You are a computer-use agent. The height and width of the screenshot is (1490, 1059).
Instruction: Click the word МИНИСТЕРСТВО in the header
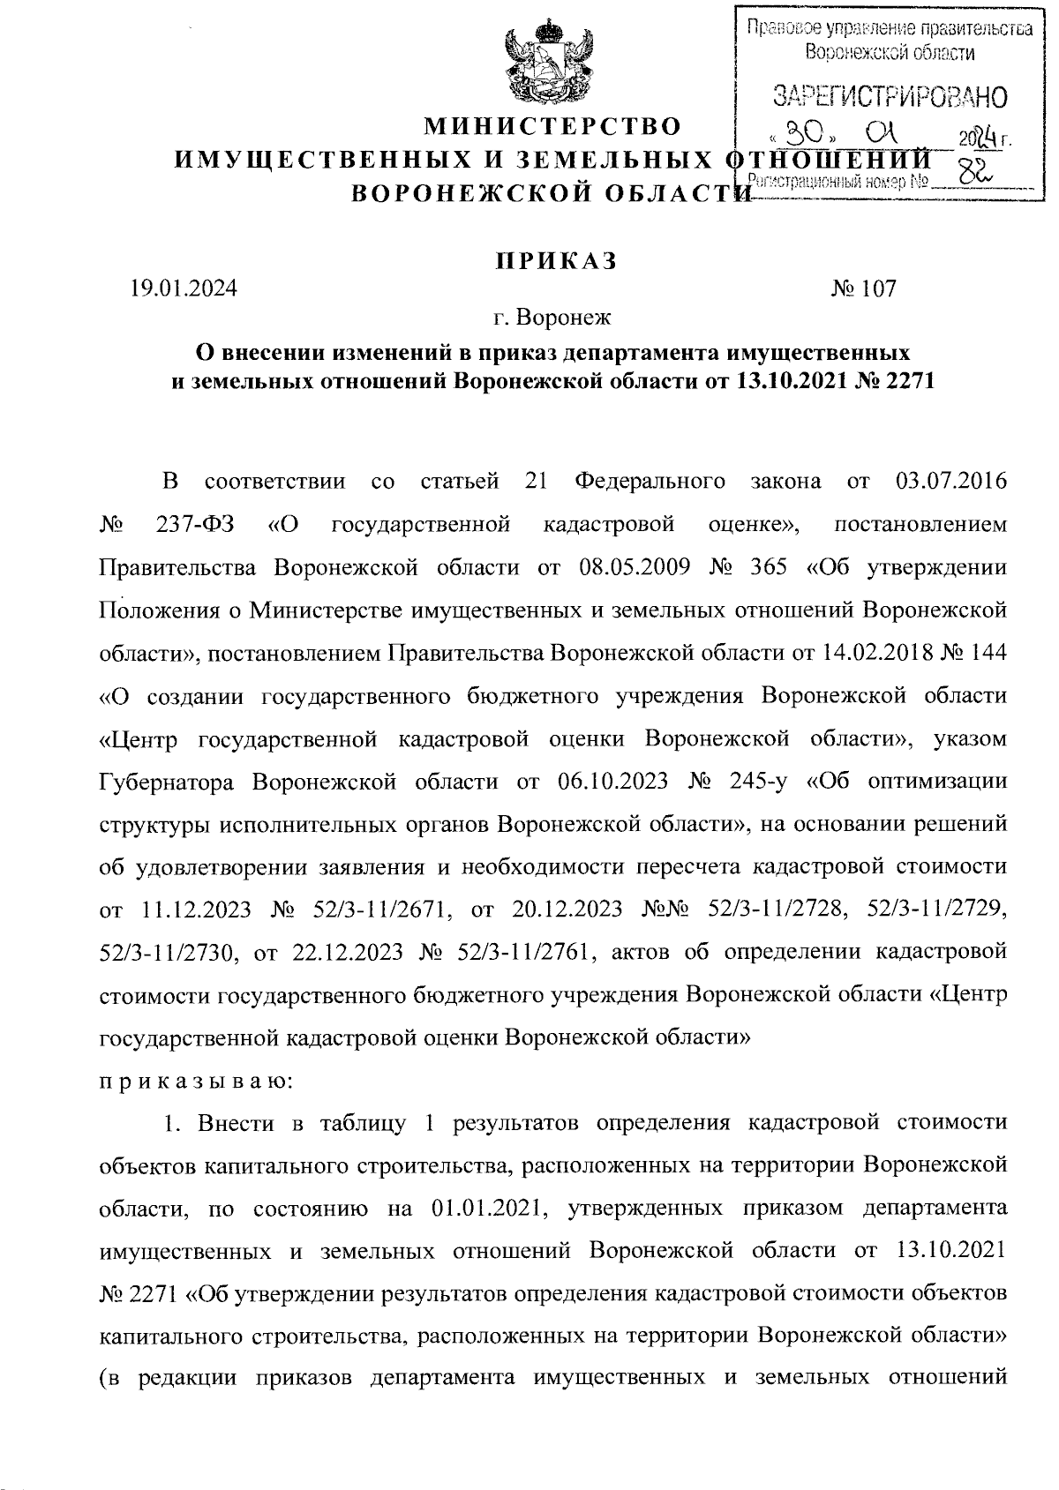click(x=553, y=127)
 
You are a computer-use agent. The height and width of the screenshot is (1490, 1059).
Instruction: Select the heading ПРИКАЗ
click(x=553, y=262)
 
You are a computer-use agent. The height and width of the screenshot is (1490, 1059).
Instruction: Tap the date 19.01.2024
click(x=184, y=288)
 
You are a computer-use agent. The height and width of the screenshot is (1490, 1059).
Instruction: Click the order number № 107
click(x=863, y=288)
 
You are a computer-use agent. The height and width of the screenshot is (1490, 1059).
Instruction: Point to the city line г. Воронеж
click(x=553, y=315)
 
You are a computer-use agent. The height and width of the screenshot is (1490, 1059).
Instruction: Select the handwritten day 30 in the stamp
click(x=806, y=135)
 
